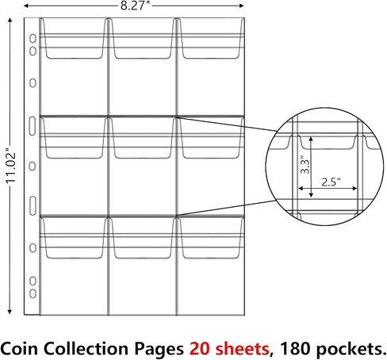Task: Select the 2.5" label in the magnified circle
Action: pos(331,182)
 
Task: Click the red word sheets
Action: pos(243,349)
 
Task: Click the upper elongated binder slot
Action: pos(32,126)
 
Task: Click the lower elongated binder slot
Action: pos(33,205)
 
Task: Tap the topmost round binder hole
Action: pos(33,39)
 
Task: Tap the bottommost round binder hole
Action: pos(33,293)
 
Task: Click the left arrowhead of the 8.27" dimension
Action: pos(26,6)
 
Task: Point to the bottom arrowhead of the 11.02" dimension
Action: pos(10,312)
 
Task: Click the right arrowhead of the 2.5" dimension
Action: pos(354,189)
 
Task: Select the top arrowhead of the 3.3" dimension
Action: pos(311,139)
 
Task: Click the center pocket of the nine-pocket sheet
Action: pos(142,166)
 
